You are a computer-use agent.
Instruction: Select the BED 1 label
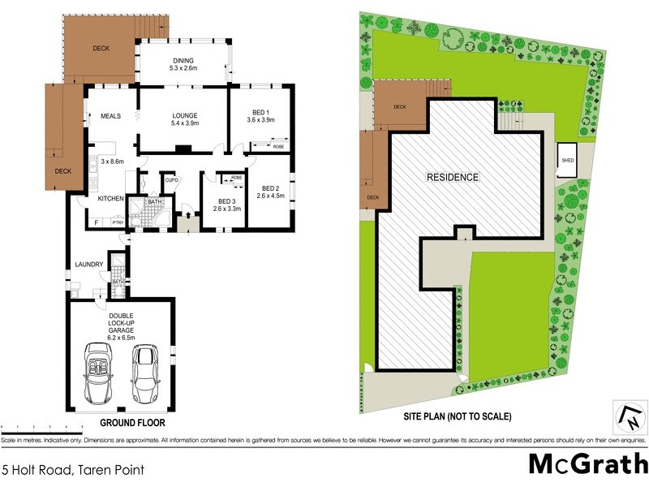tap(261, 115)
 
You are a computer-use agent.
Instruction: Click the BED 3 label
tap(221, 205)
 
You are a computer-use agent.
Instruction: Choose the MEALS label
tap(110, 116)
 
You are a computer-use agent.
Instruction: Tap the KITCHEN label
tap(110, 199)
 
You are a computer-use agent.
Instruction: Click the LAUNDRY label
tap(88, 265)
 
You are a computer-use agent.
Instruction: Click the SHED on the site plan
tap(568, 160)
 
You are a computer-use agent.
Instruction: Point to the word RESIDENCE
tap(453, 177)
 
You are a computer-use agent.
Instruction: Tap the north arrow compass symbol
tap(630, 419)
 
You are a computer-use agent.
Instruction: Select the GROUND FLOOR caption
tap(132, 423)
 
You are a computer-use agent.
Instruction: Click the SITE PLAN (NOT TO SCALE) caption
tap(458, 416)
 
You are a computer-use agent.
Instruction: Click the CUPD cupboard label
tap(171, 180)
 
